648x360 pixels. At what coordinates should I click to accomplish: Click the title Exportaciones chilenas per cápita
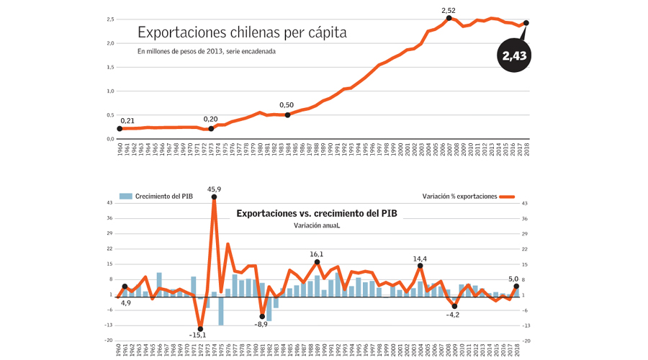point(242,32)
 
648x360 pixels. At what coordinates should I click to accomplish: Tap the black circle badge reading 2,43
point(514,56)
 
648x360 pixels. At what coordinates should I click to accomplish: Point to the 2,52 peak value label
point(449,10)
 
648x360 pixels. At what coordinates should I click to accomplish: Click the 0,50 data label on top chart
point(286,105)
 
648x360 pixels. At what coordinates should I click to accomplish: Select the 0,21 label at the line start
point(127,120)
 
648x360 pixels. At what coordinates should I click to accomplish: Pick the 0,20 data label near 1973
point(210,119)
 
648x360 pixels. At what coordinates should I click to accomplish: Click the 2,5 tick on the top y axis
point(109,19)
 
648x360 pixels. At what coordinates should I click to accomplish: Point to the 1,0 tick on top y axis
point(109,91)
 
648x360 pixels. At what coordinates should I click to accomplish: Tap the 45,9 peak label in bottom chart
point(214,189)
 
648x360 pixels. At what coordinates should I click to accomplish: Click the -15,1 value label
point(198,335)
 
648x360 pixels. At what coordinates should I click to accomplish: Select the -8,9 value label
point(261,324)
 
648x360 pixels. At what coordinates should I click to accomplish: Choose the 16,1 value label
point(317,254)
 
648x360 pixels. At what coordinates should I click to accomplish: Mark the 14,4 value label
point(420,259)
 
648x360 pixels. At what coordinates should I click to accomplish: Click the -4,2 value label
point(453,315)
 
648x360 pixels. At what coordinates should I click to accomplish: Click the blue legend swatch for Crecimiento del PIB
point(126,196)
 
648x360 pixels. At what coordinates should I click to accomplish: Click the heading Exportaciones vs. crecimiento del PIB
point(317,213)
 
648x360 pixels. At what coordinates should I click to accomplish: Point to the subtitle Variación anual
point(317,225)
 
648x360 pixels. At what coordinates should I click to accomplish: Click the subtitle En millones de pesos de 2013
point(207,51)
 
